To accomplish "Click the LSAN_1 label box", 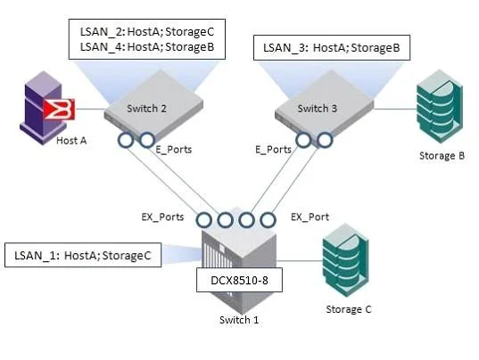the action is pyautogui.click(x=83, y=255).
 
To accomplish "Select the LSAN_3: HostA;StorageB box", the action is pyautogui.click(x=332, y=47).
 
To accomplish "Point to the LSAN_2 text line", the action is pyautogui.click(x=147, y=32).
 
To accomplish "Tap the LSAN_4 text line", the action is pyautogui.click(x=147, y=46).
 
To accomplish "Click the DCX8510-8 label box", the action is pyautogui.click(x=239, y=280).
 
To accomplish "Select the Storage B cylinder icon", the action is pyautogui.click(x=440, y=106).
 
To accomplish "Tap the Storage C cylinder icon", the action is pyautogui.click(x=346, y=260).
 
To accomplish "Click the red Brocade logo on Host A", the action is pyautogui.click(x=59, y=109).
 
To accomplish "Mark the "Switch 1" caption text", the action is pyautogui.click(x=239, y=320).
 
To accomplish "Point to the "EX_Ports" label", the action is pyautogui.click(x=162, y=217).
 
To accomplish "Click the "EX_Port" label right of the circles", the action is pyautogui.click(x=310, y=217).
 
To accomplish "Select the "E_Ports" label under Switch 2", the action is pyautogui.click(x=174, y=150).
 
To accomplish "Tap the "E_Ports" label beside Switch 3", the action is pyautogui.click(x=273, y=150).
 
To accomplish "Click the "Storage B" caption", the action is pyautogui.click(x=442, y=156).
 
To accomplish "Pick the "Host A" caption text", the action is pyautogui.click(x=71, y=141).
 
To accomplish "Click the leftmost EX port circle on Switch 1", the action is pyautogui.click(x=203, y=220).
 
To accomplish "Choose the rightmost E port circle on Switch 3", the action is pyautogui.click(x=325, y=140).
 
